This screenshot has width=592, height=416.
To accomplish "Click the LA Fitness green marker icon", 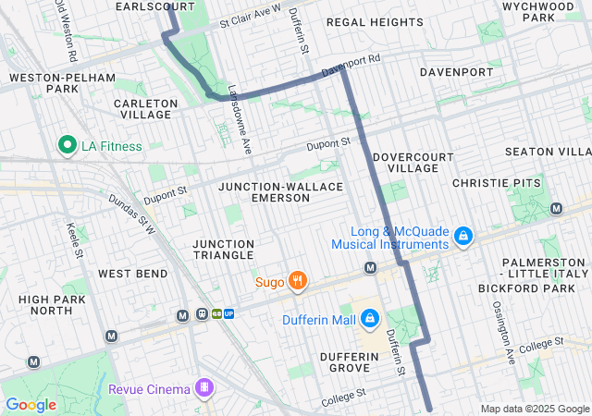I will point(67,145).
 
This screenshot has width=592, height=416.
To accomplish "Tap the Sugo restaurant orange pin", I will point(297,281).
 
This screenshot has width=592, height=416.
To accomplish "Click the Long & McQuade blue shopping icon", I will point(463,238).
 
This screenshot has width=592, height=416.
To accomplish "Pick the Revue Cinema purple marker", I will point(203,387).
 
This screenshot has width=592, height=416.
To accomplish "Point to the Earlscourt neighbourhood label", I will point(155,6).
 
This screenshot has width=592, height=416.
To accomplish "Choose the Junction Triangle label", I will point(222,249).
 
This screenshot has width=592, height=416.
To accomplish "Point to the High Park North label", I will point(52,305).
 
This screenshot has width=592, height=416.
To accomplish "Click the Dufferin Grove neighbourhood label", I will point(351,361).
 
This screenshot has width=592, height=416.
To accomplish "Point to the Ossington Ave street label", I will point(509,330).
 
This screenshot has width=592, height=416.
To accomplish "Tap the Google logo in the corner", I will point(31,405).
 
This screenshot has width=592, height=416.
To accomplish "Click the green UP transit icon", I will point(228,313).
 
